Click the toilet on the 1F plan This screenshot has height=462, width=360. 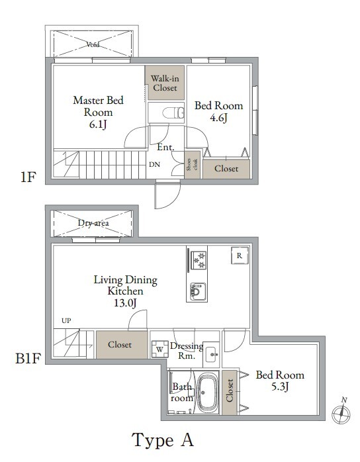coord(173,113)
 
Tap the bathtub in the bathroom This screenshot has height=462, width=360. coord(207,393)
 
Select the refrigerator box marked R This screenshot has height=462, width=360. coord(240,255)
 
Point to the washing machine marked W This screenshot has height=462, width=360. coord(160,349)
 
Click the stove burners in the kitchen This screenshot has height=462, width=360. coord(199,260)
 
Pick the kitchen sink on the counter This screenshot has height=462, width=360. coord(198,291)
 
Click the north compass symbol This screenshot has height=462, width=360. coord(341,412)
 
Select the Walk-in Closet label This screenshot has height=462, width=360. coord(165,83)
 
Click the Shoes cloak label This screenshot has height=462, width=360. coord(193,164)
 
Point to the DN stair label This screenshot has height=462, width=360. coord(154,165)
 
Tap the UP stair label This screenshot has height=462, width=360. coord(66,320)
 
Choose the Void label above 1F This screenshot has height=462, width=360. coord(93,45)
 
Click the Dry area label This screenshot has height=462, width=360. coord(93,223)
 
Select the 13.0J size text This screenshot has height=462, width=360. coord(125,302)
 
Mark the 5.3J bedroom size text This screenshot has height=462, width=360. coord(280,387)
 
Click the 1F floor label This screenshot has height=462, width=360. coord(28,177)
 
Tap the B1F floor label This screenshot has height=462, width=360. coord(28,359)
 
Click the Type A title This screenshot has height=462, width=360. coord(163,440)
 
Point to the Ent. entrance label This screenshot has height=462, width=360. coord(165,147)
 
